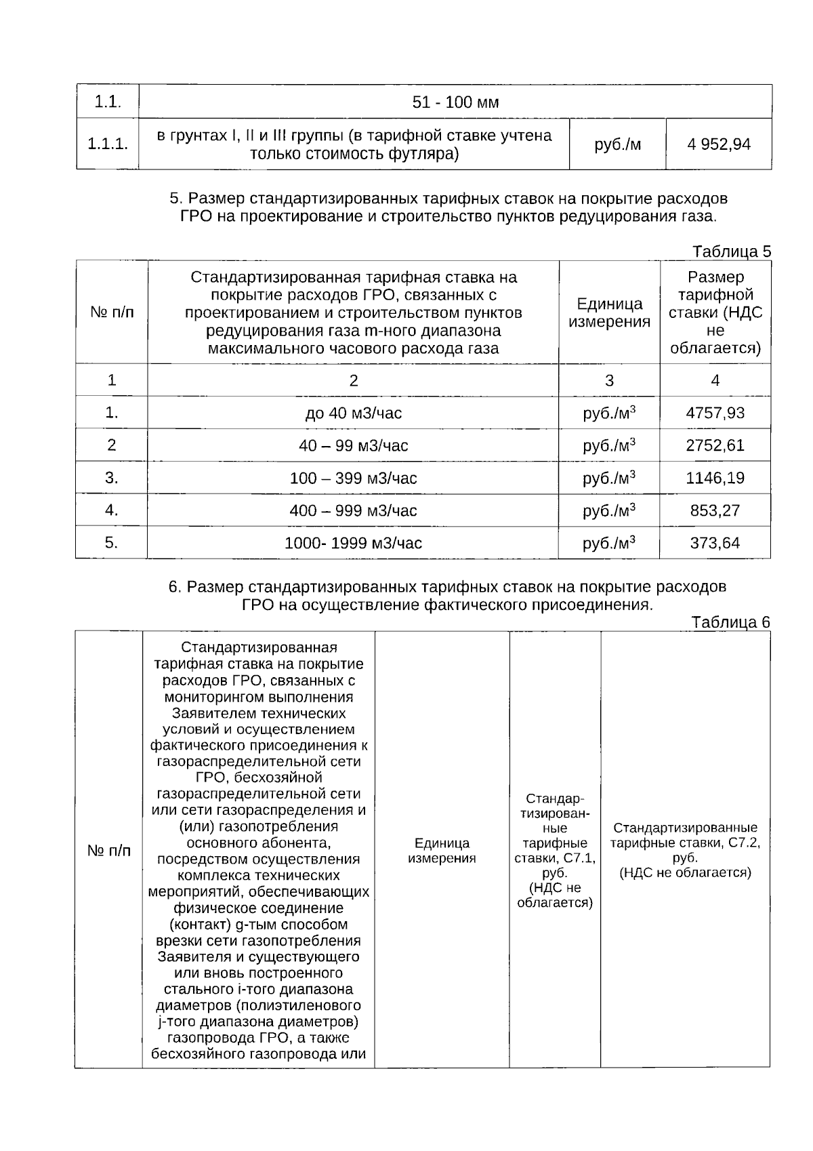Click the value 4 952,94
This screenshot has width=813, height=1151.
point(719,144)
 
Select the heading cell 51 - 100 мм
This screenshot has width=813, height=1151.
point(455,102)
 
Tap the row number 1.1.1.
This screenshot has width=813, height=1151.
point(108,144)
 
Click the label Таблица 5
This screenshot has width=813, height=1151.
point(732,251)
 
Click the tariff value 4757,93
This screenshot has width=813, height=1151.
point(715,413)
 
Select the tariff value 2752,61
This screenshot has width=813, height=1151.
point(715,445)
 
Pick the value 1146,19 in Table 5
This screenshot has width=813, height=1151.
point(715,478)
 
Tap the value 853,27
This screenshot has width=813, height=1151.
point(715,510)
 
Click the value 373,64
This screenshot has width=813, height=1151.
point(715,543)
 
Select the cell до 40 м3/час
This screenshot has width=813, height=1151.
point(353,413)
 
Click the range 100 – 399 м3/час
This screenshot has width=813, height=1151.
point(353,478)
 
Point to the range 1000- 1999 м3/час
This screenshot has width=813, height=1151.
point(353,543)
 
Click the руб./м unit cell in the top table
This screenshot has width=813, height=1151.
point(617,144)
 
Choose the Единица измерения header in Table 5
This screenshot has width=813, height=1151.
point(609,312)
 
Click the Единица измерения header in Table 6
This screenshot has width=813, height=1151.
point(442,850)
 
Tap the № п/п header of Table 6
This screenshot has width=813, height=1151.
point(109,850)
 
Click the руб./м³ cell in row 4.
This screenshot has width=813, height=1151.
point(609,510)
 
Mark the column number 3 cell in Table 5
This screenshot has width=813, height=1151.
point(609,380)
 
